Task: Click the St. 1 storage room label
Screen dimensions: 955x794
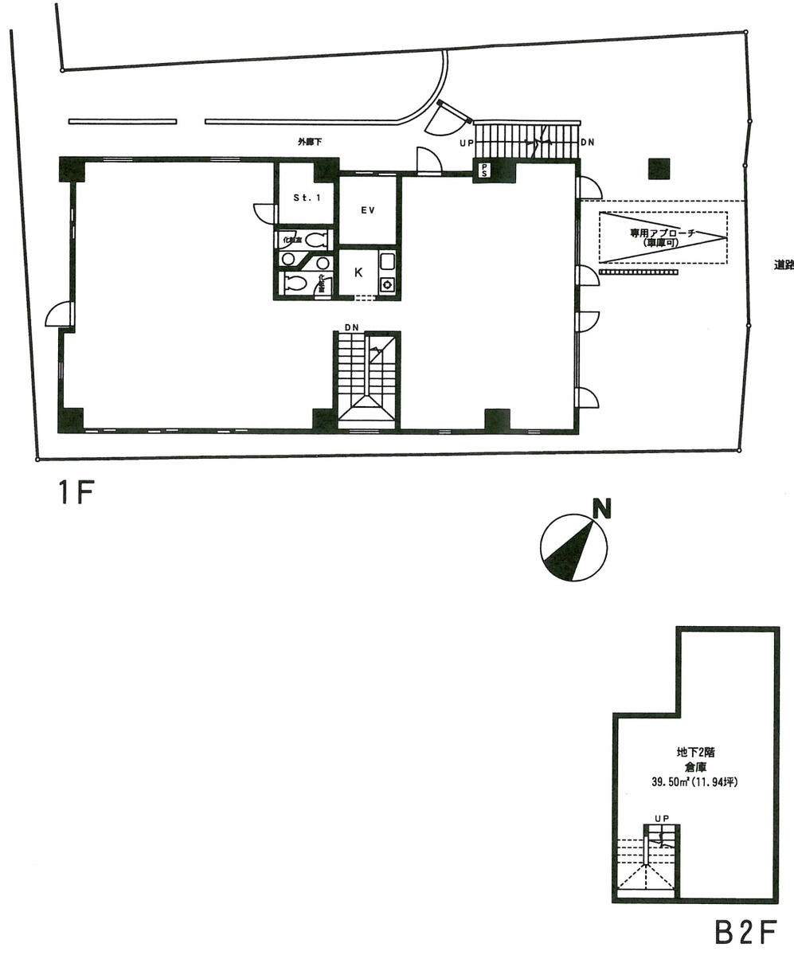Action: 306,198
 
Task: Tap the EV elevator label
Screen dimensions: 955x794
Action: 368,210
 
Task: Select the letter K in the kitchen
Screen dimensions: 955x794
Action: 358,272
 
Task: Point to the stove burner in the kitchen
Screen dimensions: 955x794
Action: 388,285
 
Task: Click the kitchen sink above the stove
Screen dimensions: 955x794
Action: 387,262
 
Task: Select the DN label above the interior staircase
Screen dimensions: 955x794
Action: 351,327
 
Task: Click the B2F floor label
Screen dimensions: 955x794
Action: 745,933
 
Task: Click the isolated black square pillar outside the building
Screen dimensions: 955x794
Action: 659,169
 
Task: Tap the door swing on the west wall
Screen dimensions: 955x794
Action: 59,315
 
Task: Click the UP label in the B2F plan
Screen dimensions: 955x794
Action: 661,818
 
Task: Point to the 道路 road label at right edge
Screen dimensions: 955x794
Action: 784,266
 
